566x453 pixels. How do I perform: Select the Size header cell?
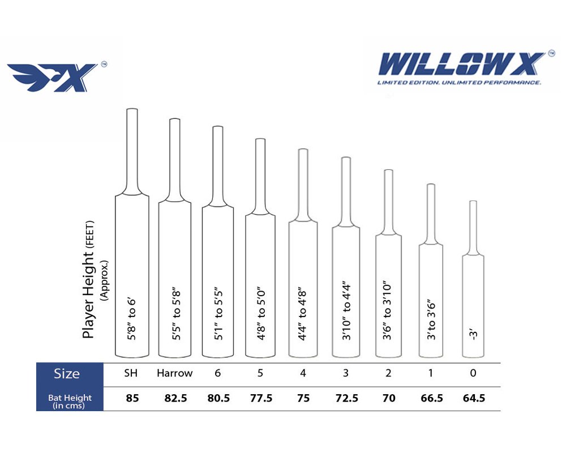point(67,374)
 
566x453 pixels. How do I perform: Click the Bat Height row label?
point(70,401)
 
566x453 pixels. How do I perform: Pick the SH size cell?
point(131,373)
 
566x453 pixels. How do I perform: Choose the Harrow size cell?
point(175,373)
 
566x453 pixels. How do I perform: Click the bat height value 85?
point(132,398)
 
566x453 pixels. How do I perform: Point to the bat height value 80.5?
point(218,398)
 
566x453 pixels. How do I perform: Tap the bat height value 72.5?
point(347,398)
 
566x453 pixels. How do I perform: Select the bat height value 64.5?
point(474,398)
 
